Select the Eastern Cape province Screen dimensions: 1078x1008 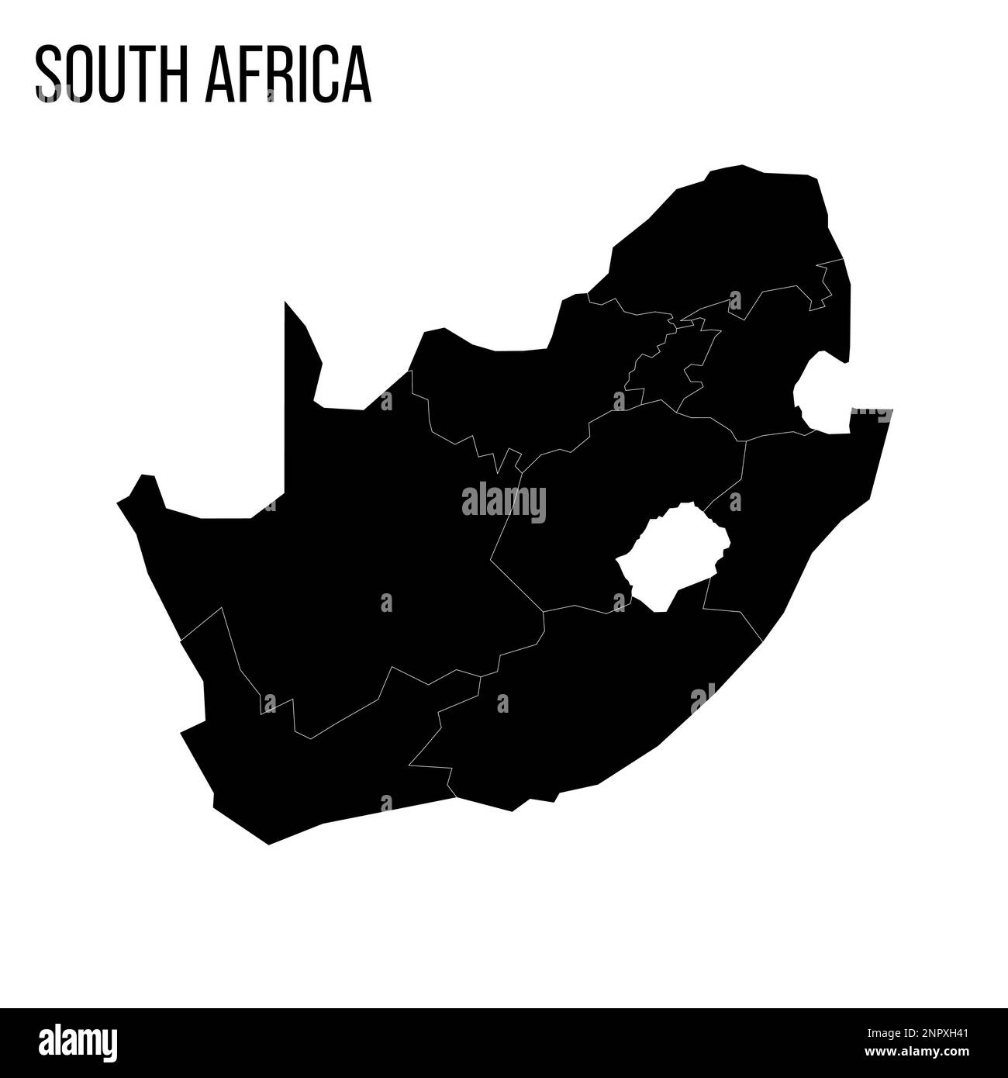pos(589,698)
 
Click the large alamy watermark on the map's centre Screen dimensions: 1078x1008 pos(504,503)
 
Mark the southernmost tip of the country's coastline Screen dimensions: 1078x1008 pos(268,844)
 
